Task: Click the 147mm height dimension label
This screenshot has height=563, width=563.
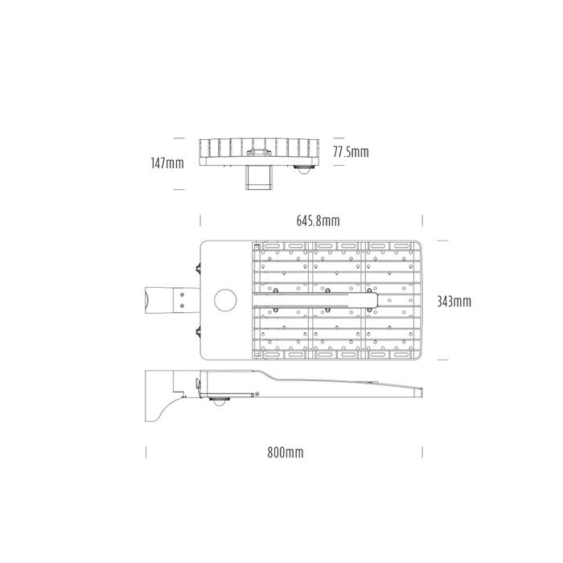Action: [x=166, y=163]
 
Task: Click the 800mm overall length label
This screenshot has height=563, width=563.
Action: [x=286, y=454]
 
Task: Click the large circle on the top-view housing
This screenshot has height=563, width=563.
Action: [x=226, y=301]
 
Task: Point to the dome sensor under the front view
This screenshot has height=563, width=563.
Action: [x=304, y=167]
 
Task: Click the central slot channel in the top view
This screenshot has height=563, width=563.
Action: [x=318, y=301]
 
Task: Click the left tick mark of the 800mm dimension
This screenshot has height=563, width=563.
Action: [x=146, y=454]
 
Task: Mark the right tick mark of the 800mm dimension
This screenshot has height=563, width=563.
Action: [x=423, y=454]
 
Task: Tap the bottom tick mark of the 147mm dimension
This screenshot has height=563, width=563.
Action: [x=176, y=191]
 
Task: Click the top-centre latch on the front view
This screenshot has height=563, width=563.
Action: [x=258, y=150]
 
